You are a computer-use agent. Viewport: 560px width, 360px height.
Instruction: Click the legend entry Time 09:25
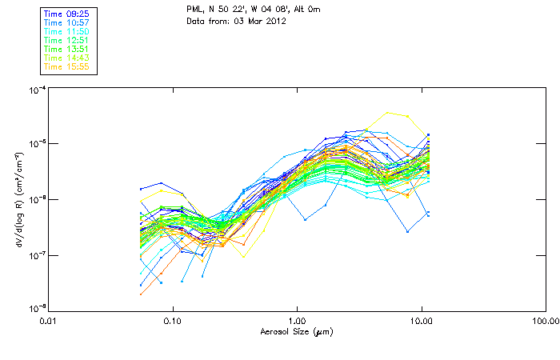click(x=66, y=14)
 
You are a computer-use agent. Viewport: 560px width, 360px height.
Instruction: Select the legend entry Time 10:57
click(x=66, y=22)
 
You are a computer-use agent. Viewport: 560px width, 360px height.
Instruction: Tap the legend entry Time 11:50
click(x=66, y=31)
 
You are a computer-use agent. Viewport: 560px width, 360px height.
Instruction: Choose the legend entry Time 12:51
click(x=66, y=40)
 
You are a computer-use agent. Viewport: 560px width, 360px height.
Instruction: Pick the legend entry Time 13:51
click(x=66, y=49)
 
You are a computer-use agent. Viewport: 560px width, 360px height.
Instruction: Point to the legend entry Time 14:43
click(x=66, y=58)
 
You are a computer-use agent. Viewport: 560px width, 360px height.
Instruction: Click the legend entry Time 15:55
click(x=66, y=66)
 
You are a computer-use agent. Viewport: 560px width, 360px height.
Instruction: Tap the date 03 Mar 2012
click(x=260, y=20)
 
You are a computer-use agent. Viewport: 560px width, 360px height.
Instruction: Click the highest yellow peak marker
click(x=388, y=113)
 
